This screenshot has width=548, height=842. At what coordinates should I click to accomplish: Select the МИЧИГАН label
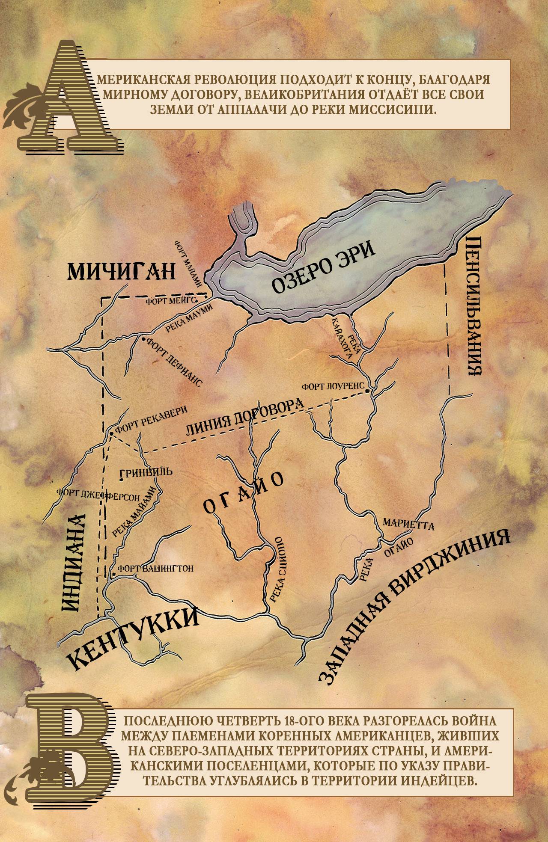pos(122,270)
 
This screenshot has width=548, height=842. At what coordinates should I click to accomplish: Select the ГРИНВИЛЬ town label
pos(147,472)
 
